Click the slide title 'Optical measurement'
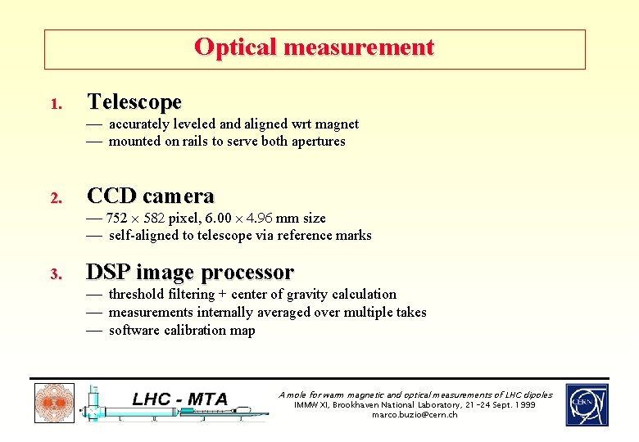314,47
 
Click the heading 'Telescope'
134,102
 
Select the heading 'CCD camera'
150,196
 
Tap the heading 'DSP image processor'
189,272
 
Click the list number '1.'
55,105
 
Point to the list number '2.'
55,199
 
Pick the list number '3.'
55,274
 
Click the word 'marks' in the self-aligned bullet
353,236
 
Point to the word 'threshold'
137,295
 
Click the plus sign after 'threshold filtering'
223,295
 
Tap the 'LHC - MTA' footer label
179,399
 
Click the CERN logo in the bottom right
587,405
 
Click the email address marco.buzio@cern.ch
415,415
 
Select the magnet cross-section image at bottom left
54,404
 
